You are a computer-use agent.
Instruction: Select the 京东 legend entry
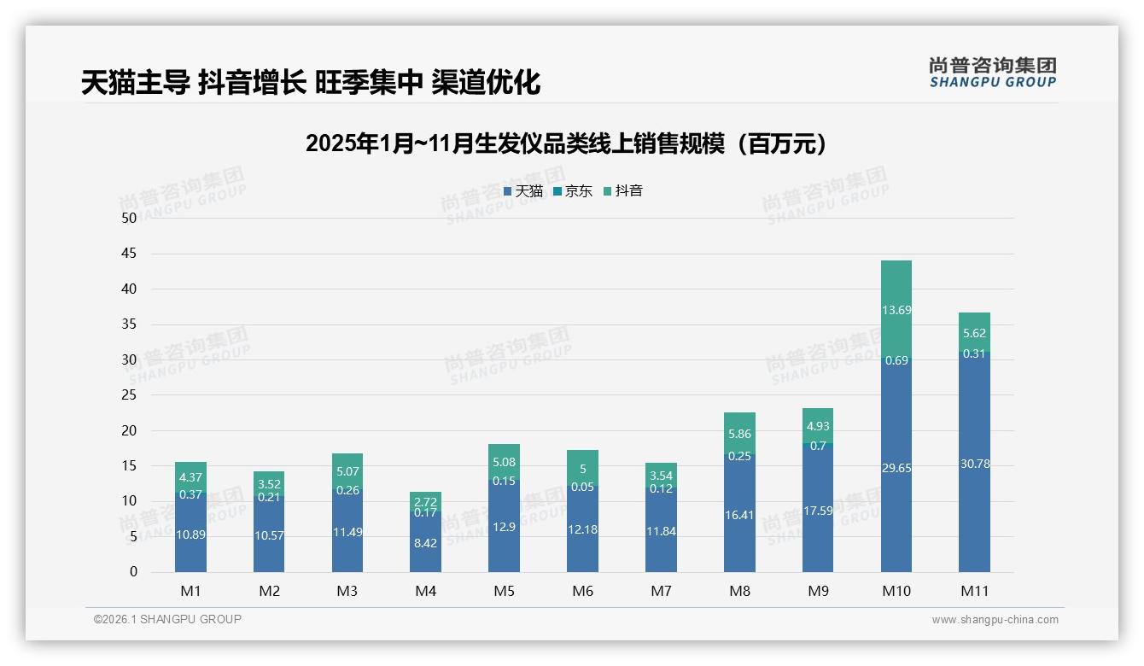pyautogui.click(x=573, y=191)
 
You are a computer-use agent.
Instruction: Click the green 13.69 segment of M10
pyautogui.click(x=896, y=310)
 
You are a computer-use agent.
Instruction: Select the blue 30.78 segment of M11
pyautogui.click(x=974, y=464)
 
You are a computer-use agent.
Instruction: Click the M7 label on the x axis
pyautogui.click(x=662, y=591)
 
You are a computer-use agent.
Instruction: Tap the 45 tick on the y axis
pyautogui.click(x=129, y=254)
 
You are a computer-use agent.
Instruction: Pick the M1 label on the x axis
pyautogui.click(x=190, y=591)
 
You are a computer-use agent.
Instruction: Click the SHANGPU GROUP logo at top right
pyautogui.click(x=992, y=73)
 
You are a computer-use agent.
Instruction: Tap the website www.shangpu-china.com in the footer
pyautogui.click(x=995, y=620)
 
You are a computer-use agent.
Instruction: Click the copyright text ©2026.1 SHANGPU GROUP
pyautogui.click(x=167, y=619)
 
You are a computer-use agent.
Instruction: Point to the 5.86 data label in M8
pyautogui.click(x=739, y=434)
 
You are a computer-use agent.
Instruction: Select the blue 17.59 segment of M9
pyautogui.click(x=818, y=511)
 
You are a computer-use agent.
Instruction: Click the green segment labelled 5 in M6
pyautogui.click(x=583, y=469)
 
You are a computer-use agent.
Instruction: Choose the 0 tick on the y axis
pyautogui.click(x=133, y=572)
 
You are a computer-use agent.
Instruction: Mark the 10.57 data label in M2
pyautogui.click(x=269, y=535)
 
